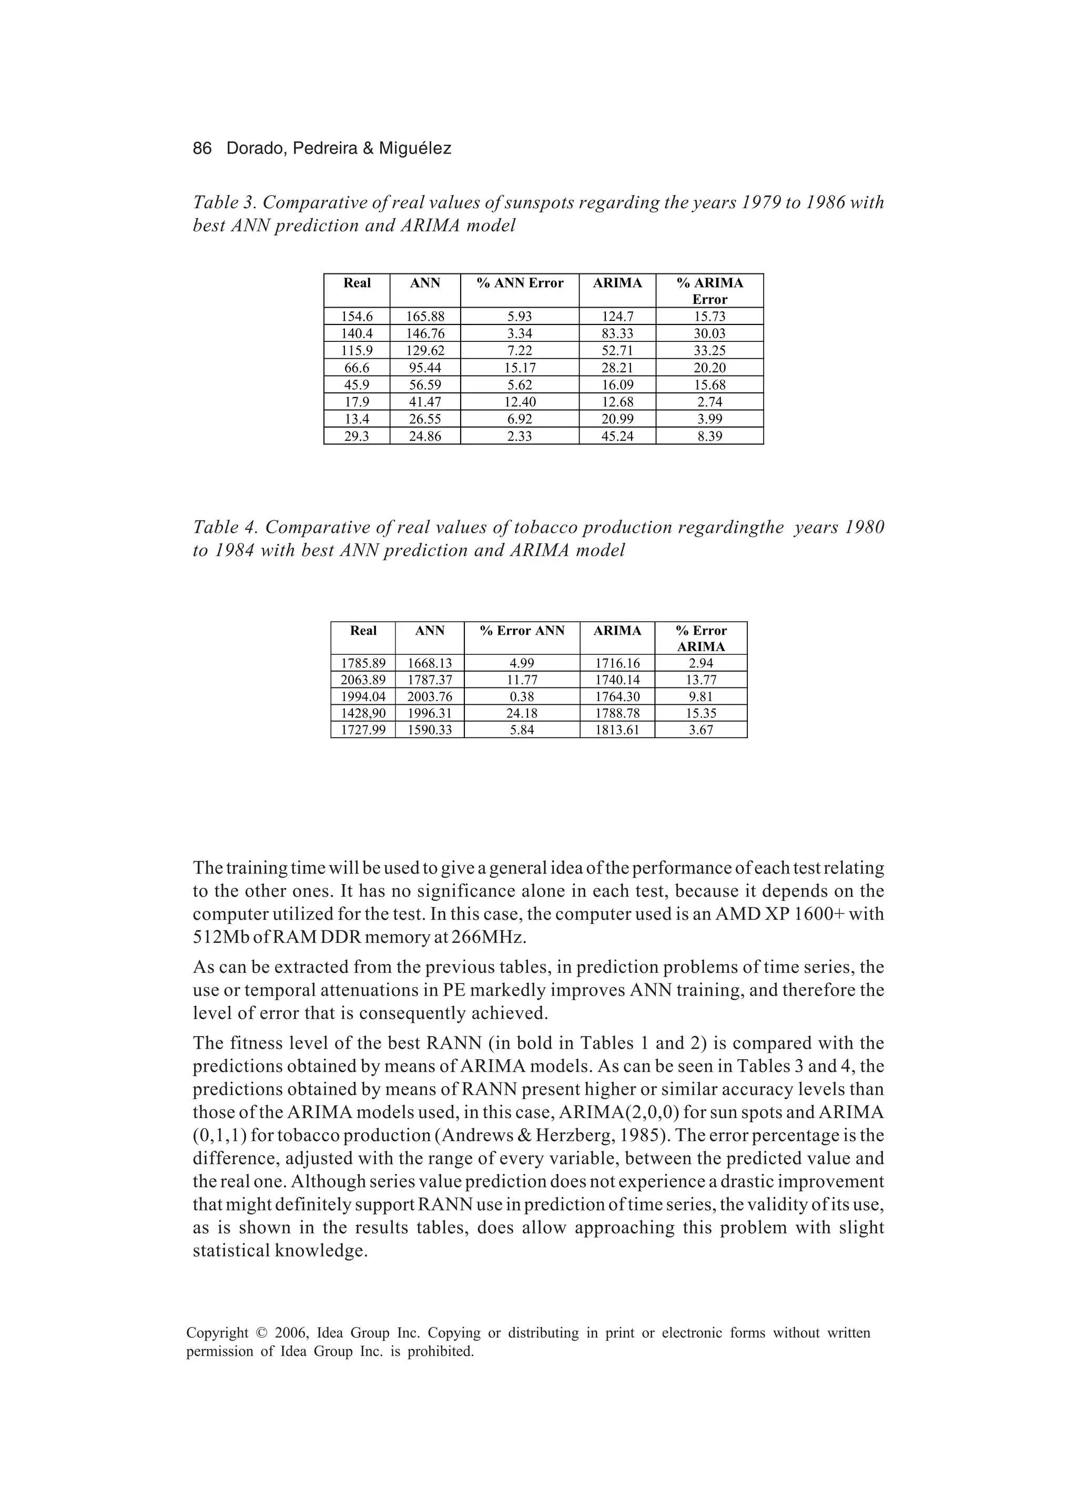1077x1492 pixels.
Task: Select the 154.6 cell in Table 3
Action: (357, 317)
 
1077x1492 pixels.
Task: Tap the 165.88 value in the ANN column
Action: (425, 317)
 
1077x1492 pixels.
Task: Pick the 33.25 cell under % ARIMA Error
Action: (709, 351)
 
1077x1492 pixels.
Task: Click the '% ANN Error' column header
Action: (520, 283)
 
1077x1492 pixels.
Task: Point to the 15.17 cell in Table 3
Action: (520, 368)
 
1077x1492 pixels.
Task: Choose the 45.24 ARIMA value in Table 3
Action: (617, 436)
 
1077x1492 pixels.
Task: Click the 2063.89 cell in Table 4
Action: (363, 680)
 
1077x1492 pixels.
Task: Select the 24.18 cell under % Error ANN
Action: (522, 713)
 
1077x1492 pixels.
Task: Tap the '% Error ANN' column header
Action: (522, 631)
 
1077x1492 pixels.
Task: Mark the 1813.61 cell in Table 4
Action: (617, 729)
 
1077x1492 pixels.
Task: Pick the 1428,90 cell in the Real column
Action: (363, 713)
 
